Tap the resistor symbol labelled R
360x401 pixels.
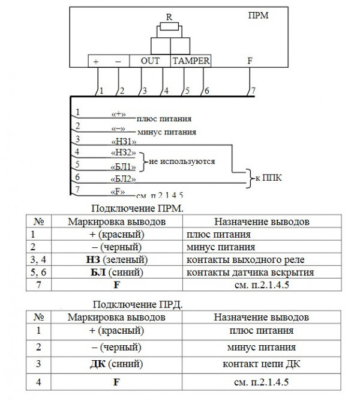tap(170, 28)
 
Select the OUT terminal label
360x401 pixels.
tap(150, 61)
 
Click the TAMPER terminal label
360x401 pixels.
tap(191, 61)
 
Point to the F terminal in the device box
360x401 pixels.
tap(249, 61)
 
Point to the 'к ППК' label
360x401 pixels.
tap(268, 178)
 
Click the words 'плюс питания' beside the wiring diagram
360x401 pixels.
tap(162, 119)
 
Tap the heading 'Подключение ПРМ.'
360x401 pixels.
tap(136, 208)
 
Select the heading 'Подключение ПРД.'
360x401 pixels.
tap(136, 304)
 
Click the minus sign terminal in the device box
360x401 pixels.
tap(118, 61)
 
